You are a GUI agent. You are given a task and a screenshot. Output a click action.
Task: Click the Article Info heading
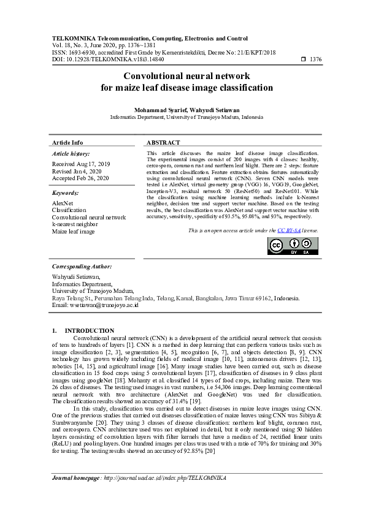point(67,142)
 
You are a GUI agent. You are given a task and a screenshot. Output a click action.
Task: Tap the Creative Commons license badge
point(293,245)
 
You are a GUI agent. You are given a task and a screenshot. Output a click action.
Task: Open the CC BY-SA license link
point(288,230)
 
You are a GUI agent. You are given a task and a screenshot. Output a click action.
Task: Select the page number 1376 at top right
point(315,59)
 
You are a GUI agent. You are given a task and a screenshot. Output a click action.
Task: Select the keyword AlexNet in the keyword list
point(63,202)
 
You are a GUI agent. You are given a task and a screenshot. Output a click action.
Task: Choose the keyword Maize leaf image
point(73,232)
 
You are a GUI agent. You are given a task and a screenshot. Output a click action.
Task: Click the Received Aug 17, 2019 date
point(81,164)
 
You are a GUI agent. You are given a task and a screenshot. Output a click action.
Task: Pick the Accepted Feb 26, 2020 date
point(81,179)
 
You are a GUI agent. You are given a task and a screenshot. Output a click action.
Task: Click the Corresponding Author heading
point(82,267)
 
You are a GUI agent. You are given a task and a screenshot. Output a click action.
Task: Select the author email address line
point(95,305)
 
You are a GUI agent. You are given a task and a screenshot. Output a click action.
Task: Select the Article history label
point(71,154)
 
